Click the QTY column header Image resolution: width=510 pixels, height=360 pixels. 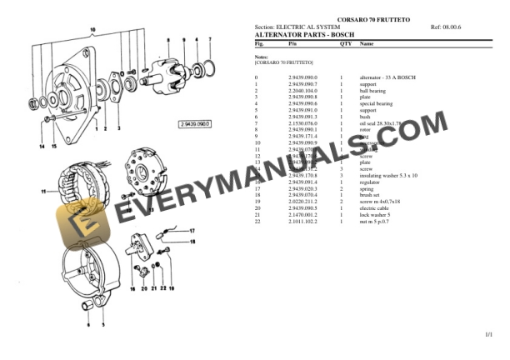point(345,43)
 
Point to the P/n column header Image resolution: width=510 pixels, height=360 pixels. point(292,43)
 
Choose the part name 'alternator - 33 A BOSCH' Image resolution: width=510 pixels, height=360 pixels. point(387,77)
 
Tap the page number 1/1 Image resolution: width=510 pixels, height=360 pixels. point(488,334)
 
